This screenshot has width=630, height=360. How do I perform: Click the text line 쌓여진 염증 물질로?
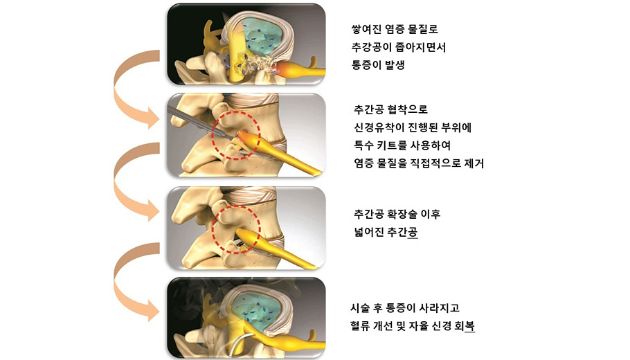pyautogui.click(x=395, y=29)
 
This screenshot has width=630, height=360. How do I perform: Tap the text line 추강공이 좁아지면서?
pyautogui.click(x=399, y=47)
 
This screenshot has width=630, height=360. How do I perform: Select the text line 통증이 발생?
pyautogui.click(x=378, y=65)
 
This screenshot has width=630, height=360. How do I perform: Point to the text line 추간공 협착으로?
pyautogui.click(x=390, y=109)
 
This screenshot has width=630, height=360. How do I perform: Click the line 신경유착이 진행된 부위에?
pyautogui.click(x=413, y=127)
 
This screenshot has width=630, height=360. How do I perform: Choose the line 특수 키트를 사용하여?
pyautogui.click(x=402, y=145)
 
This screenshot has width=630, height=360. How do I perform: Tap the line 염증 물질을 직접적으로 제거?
pyautogui.click(x=419, y=163)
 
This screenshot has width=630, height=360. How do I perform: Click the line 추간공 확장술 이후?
pyautogui.click(x=397, y=214)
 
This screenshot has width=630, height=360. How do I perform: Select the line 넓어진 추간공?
pyautogui.click(x=386, y=232)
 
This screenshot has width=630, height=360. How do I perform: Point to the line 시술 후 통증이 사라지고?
pyautogui.click(x=405, y=308)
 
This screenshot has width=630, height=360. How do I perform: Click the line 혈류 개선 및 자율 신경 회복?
pyautogui.click(x=413, y=326)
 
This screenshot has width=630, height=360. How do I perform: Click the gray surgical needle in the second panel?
pyautogui.click(x=199, y=123)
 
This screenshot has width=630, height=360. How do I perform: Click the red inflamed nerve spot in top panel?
pyautogui.click(x=281, y=69)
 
